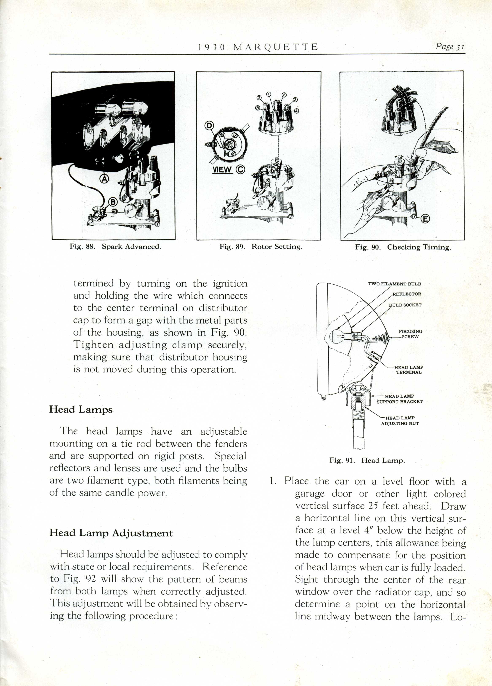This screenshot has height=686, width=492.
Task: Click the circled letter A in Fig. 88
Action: pyautogui.click(x=104, y=179)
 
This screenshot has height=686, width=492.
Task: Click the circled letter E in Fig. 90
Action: pyautogui.click(x=425, y=219)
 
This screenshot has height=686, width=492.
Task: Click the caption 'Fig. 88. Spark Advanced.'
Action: pyautogui.click(x=115, y=247)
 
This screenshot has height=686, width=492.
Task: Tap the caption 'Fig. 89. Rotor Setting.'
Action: pyautogui.click(x=261, y=247)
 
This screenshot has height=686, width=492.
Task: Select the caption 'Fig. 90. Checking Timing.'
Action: pyautogui.click(x=403, y=247)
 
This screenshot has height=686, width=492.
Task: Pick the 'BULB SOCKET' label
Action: pyautogui.click(x=405, y=305)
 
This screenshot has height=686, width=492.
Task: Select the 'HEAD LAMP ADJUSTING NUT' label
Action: pyautogui.click(x=400, y=421)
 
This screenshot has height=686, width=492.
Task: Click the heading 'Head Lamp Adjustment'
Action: pyautogui.click(x=111, y=533)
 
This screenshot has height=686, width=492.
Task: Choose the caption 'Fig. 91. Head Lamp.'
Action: pyautogui.click(x=367, y=461)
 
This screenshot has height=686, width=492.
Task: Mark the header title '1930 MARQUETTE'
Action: pyautogui.click(x=258, y=47)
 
